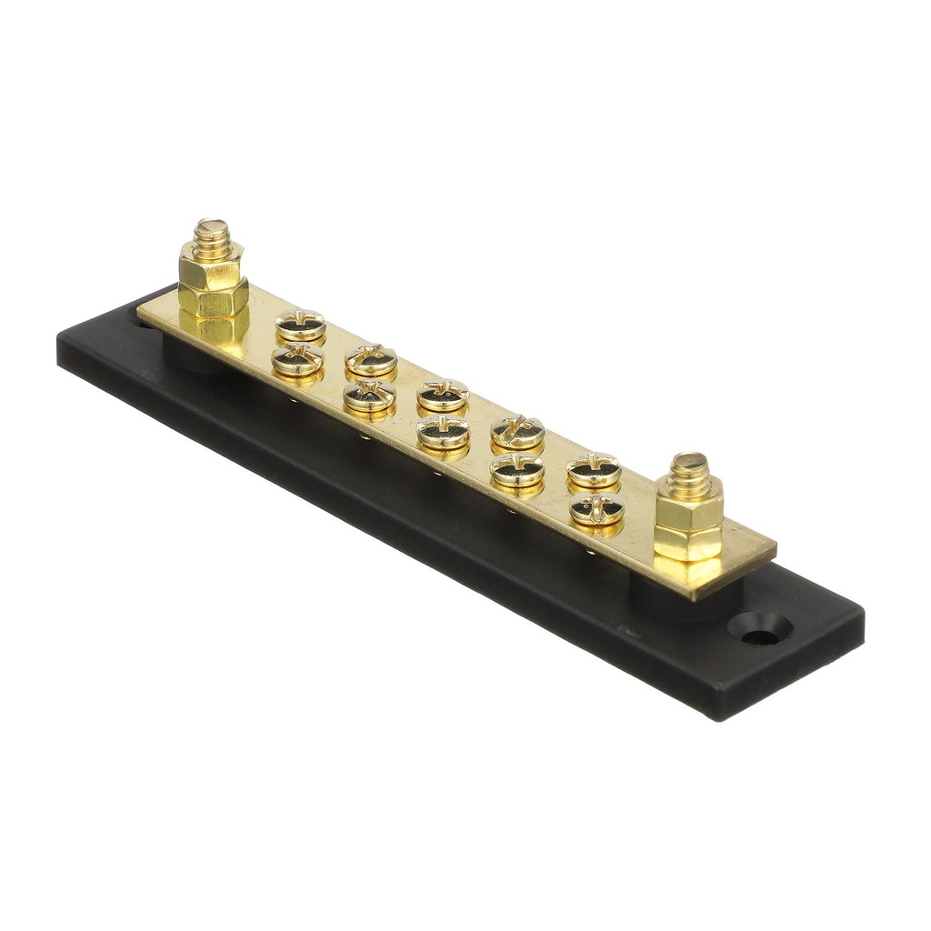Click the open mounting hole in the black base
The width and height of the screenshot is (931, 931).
click(x=759, y=629)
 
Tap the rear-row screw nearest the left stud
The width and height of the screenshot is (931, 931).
click(x=300, y=324)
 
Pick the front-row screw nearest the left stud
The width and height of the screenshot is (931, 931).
click(x=297, y=360)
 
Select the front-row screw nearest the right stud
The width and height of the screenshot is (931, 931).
click(x=596, y=510)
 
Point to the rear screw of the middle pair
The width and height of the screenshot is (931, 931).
click(x=443, y=395)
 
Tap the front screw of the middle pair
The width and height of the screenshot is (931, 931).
click(x=443, y=433)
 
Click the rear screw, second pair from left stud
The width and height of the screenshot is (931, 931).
click(x=371, y=359)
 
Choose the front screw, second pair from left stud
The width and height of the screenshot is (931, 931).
click(x=369, y=395)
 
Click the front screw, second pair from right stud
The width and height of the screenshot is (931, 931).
click(x=516, y=470)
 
